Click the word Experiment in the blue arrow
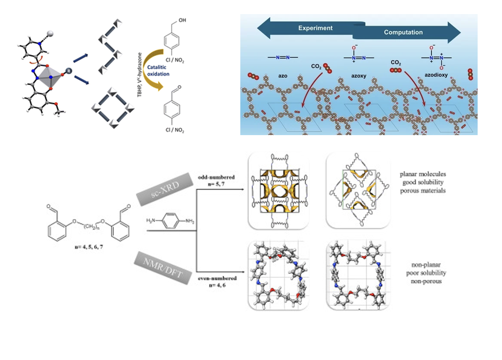point(315,28)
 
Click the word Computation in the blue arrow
point(403,32)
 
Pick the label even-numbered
point(217,278)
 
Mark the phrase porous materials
point(422,190)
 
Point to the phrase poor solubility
point(425,273)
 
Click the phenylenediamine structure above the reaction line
point(171,221)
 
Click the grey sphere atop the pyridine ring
point(50,32)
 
